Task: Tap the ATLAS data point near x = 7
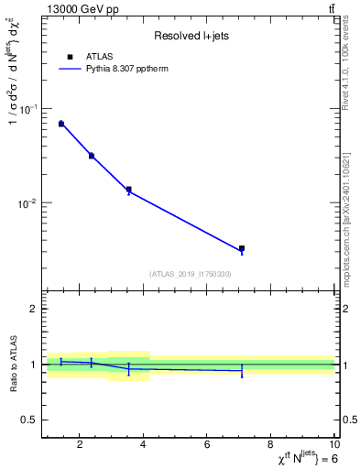coord(242,248)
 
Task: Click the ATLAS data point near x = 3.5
coord(128,190)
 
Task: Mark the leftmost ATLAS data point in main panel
coord(61,124)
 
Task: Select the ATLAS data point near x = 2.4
coord(92,156)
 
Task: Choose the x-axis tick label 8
coord(272,446)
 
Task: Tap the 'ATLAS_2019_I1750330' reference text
coord(190,274)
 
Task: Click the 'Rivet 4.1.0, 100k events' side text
coord(345,64)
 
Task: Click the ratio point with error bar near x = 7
coord(242,371)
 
